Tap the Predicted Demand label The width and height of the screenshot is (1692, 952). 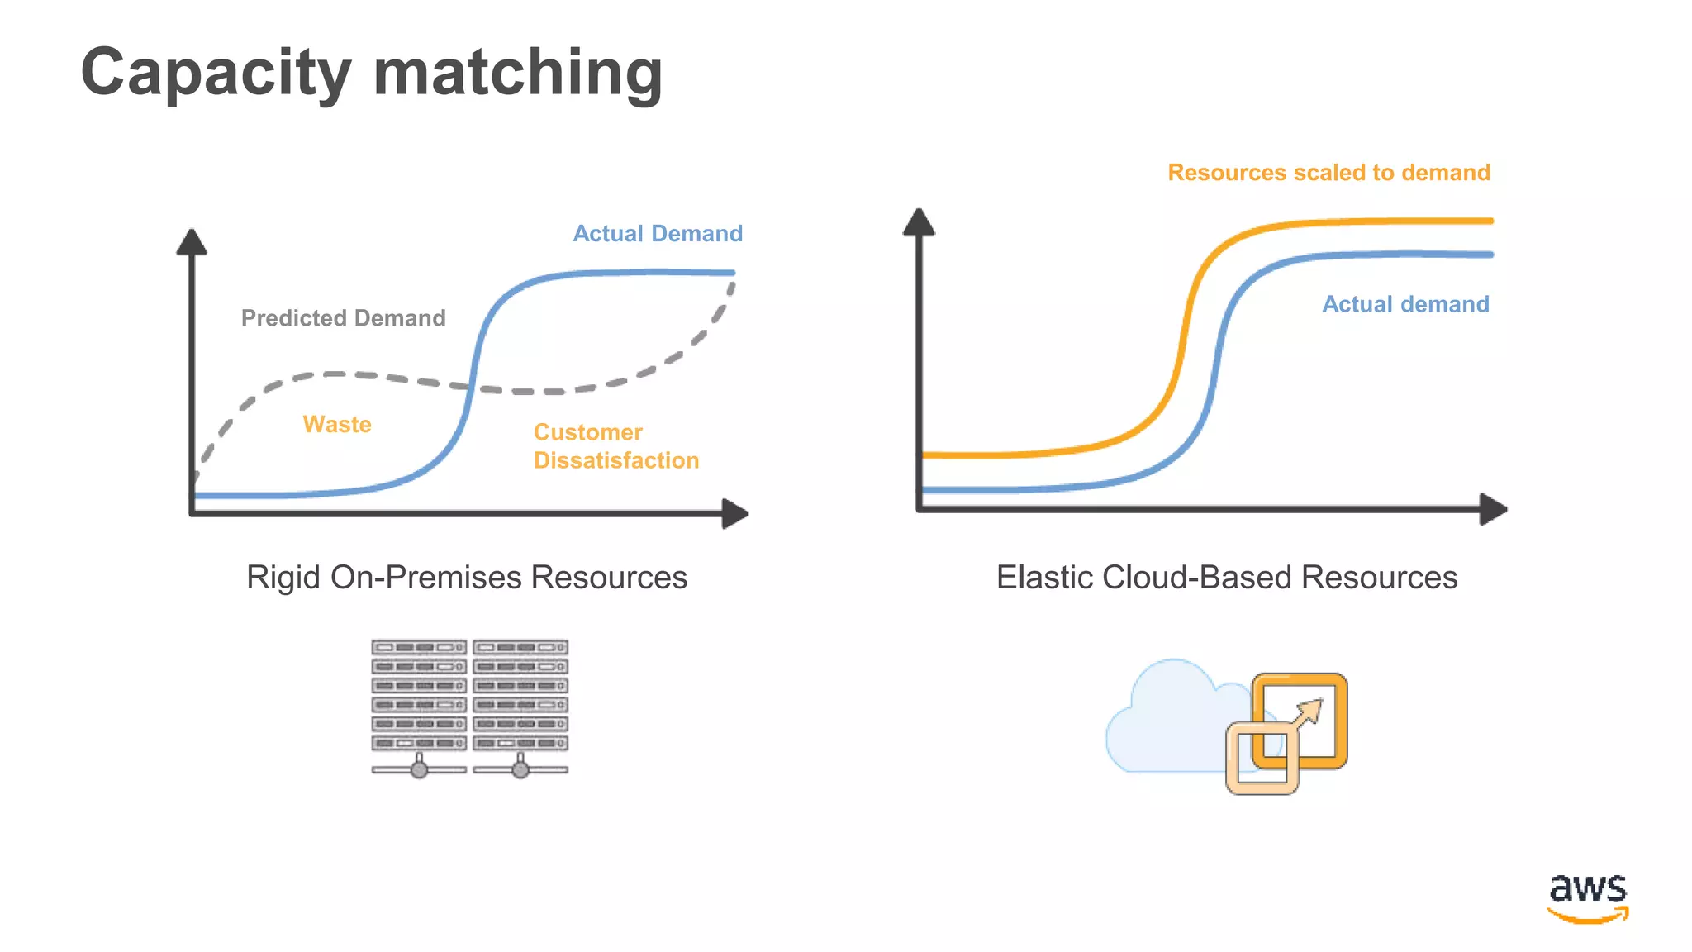(x=343, y=318)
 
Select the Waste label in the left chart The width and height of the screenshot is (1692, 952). (x=337, y=424)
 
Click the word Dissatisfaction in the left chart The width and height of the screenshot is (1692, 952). (x=616, y=460)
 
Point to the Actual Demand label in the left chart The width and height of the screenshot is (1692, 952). (x=658, y=234)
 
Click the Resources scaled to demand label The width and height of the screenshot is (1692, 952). (x=1328, y=173)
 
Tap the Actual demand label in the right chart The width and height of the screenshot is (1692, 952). (x=1405, y=304)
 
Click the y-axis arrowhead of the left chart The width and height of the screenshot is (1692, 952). (x=192, y=242)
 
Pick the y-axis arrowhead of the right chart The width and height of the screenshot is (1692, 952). (x=919, y=222)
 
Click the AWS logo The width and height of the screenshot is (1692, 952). (x=1587, y=897)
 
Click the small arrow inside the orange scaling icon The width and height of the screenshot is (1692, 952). (x=1308, y=714)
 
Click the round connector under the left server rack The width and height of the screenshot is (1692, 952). (x=419, y=770)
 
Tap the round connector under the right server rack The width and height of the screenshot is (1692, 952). (x=520, y=770)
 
